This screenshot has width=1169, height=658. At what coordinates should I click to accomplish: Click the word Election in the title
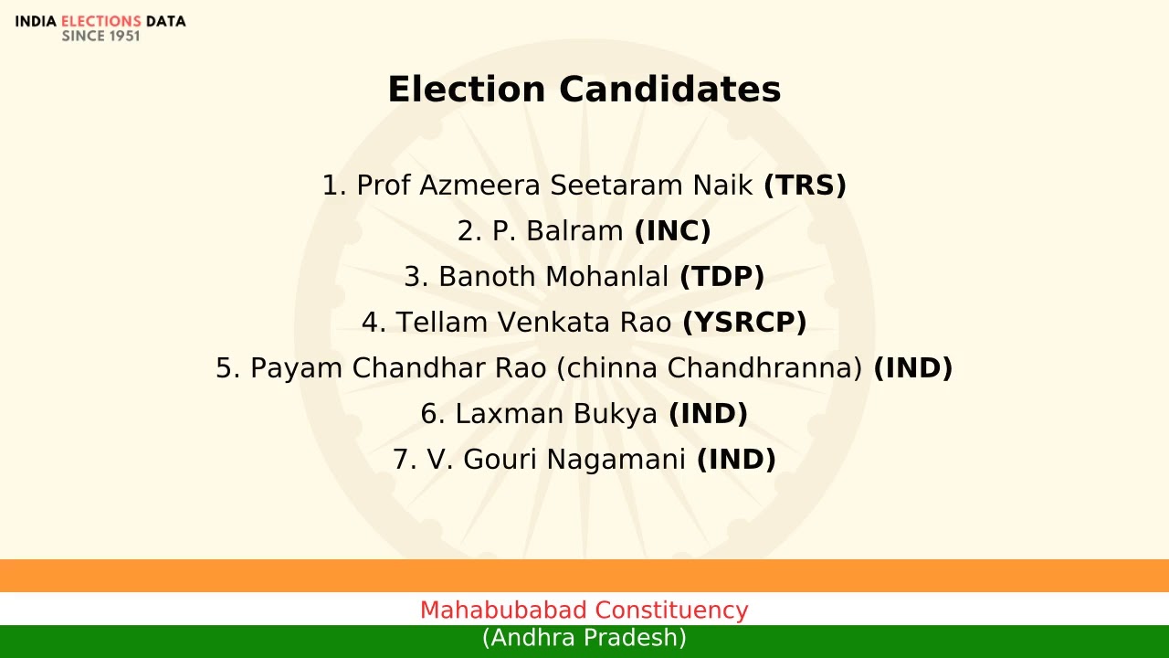coord(466,90)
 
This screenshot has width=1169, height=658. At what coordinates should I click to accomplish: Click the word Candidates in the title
coord(669,90)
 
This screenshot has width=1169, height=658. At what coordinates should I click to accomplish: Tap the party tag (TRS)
coord(805,186)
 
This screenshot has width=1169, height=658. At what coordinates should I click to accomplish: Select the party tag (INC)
coord(672,231)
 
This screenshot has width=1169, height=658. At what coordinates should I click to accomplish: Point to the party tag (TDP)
coord(721,277)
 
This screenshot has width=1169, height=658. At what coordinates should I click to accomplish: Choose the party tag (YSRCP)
coord(744,323)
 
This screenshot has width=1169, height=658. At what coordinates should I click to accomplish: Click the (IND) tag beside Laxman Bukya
coord(708,414)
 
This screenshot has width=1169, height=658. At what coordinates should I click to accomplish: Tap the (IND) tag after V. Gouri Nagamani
coord(736,460)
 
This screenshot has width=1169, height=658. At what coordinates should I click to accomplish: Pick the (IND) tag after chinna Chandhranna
coord(912,368)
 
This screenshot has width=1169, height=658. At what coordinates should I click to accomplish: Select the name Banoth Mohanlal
coord(553,277)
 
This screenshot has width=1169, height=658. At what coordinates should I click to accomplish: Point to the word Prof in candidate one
coord(384,186)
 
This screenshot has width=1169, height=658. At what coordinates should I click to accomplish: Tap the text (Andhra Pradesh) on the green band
coord(584,638)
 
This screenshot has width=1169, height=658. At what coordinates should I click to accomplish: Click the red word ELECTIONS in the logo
coord(100,21)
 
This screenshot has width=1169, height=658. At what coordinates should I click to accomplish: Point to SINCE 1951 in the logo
coord(100,37)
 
